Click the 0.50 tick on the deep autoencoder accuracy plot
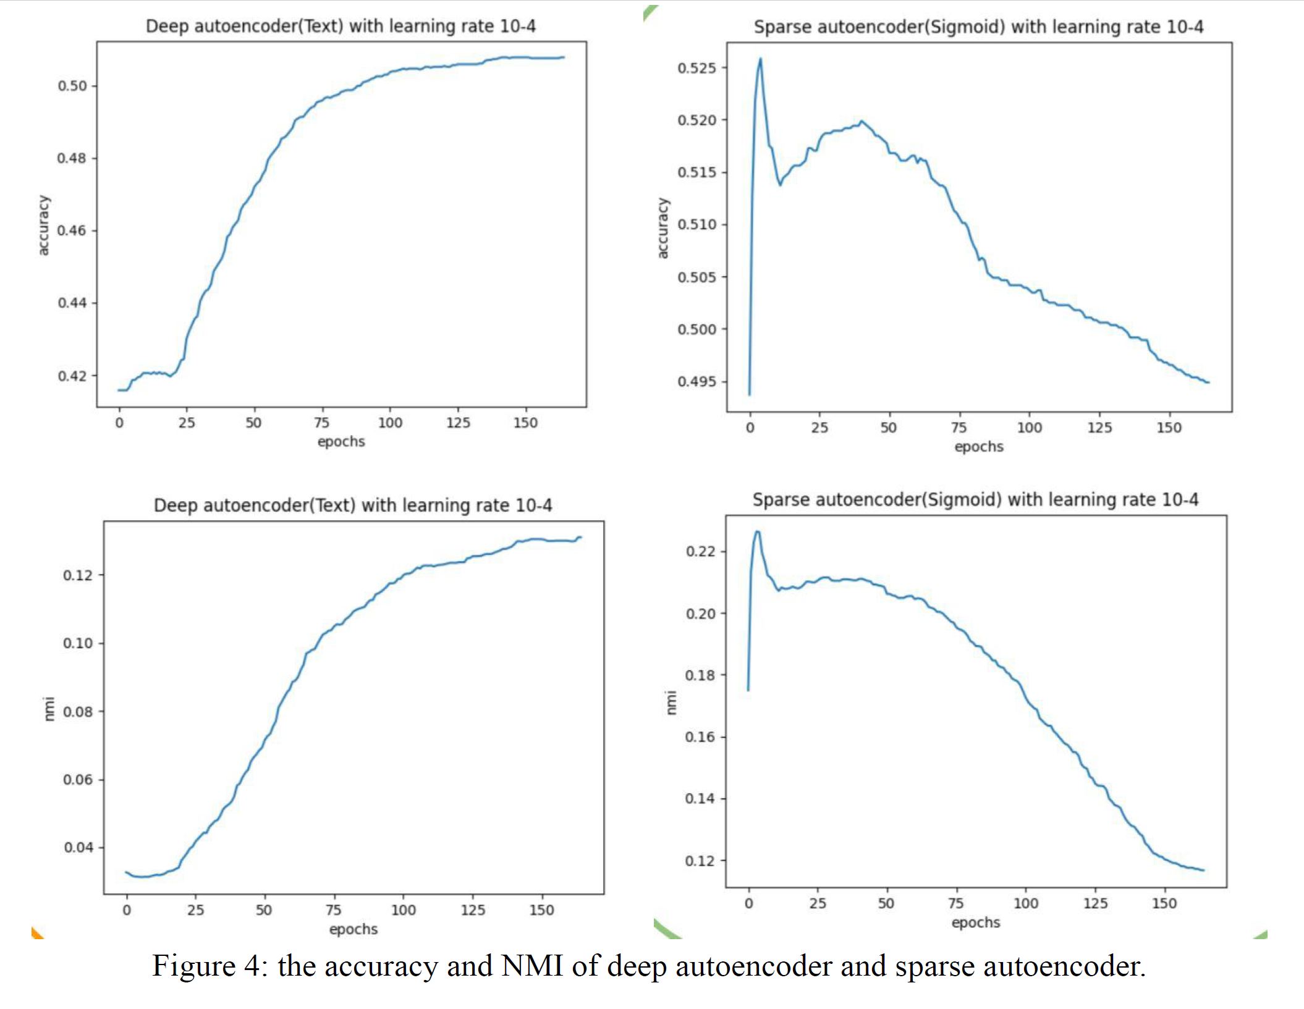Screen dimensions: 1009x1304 coord(72,86)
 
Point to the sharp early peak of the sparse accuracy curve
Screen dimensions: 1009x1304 coord(760,59)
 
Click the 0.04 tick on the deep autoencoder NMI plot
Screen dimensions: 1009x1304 coord(78,847)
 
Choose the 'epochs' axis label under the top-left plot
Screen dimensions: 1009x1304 coord(341,441)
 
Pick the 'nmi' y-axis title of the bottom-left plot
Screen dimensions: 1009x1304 coord(49,708)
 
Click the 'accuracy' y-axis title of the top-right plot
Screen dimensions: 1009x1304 coord(663,228)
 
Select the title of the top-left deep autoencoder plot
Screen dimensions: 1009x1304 coord(341,26)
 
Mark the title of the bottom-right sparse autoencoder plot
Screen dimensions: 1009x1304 coord(975,499)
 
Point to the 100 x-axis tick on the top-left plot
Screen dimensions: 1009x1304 coord(390,423)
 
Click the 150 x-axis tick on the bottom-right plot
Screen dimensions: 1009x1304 coord(1164,903)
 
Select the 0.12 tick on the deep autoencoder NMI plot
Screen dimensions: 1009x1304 coord(78,575)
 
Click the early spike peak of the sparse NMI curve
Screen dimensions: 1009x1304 coord(757,531)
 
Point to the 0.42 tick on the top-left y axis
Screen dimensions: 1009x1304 coord(72,376)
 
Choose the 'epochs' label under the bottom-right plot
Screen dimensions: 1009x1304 coord(975,922)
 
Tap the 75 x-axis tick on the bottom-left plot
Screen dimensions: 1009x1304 coord(333,910)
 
